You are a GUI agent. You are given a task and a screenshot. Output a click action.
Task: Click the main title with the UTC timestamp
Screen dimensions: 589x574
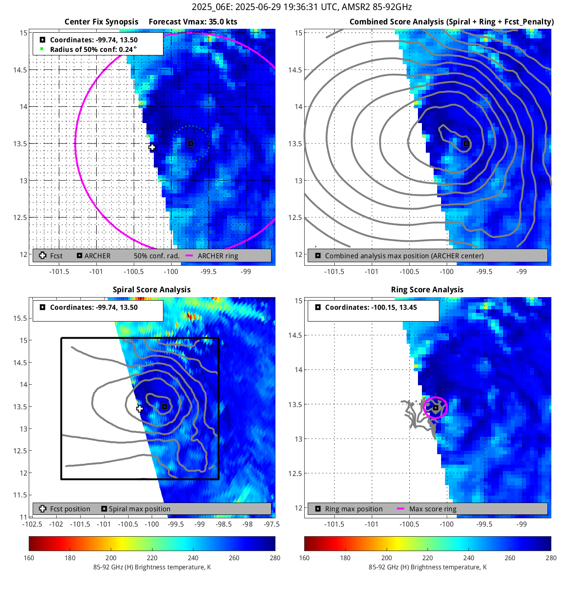pyautogui.click(x=302, y=7)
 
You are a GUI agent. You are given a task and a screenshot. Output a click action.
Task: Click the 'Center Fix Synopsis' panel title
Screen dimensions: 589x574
pyautogui.click(x=101, y=22)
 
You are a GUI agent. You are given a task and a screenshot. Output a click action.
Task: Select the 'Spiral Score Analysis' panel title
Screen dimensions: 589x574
pyautogui.click(x=152, y=290)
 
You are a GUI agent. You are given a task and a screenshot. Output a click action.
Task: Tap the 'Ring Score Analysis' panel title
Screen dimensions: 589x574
pyautogui.click(x=427, y=290)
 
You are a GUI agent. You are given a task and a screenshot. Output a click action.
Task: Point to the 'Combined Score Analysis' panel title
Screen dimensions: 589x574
pyautogui.click(x=452, y=22)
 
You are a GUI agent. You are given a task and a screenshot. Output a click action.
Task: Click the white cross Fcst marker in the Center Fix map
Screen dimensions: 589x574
pyautogui.click(x=152, y=147)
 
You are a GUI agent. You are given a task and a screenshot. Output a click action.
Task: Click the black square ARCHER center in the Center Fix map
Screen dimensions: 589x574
pyautogui.click(x=190, y=144)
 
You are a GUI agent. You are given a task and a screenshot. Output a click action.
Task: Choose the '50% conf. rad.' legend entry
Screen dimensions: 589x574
pyautogui.click(x=156, y=256)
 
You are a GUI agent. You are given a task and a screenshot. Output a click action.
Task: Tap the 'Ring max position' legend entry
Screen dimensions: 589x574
pyautogui.click(x=353, y=509)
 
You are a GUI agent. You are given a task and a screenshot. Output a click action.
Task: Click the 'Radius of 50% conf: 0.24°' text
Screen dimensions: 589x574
pyautogui.click(x=93, y=49)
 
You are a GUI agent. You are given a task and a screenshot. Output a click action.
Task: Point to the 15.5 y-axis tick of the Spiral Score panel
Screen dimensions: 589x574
pyautogui.click(x=20, y=318)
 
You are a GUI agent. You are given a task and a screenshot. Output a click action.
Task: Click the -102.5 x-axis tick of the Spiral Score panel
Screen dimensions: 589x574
pyautogui.click(x=32, y=524)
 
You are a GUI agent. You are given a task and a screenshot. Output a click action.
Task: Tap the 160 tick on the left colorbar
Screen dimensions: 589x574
pyautogui.click(x=29, y=558)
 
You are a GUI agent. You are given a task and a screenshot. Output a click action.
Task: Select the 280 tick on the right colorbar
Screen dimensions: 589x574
pyautogui.click(x=551, y=558)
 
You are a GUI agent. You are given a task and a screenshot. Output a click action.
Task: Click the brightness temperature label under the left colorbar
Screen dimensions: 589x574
pyautogui.click(x=152, y=567)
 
